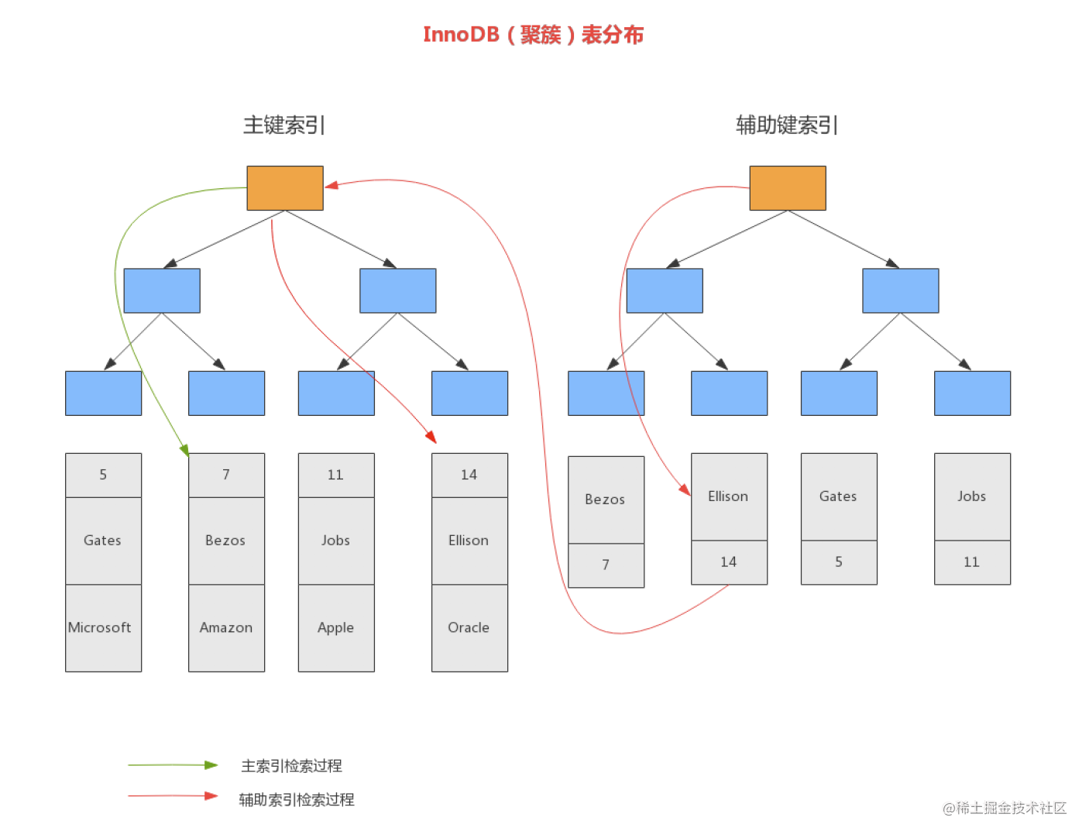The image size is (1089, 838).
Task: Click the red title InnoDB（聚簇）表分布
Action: tap(533, 35)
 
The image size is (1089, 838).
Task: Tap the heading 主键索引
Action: tap(284, 125)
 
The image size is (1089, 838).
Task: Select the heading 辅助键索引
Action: tap(787, 125)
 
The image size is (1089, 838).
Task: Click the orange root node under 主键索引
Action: tap(285, 188)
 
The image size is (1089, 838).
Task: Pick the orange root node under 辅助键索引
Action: tap(787, 188)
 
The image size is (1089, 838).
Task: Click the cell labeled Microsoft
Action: tap(103, 627)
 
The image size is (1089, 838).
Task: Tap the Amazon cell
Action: tap(226, 627)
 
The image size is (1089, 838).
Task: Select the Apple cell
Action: tap(336, 627)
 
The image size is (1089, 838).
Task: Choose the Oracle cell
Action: tap(469, 627)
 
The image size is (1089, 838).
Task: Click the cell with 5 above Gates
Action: tap(103, 475)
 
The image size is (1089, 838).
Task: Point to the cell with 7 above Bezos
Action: tap(226, 475)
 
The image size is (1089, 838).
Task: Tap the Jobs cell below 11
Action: tap(336, 541)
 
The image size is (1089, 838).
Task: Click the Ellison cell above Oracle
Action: tap(469, 541)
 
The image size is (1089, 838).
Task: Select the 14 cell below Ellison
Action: tap(729, 562)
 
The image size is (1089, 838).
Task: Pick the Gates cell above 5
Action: tap(839, 496)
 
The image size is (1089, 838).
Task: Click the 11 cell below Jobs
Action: tap(972, 562)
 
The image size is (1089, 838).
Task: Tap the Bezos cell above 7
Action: tap(606, 500)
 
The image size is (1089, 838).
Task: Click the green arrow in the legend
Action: tap(173, 765)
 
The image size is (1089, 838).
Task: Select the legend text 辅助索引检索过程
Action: tap(297, 799)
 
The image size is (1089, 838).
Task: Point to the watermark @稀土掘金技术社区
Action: tap(1005, 808)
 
